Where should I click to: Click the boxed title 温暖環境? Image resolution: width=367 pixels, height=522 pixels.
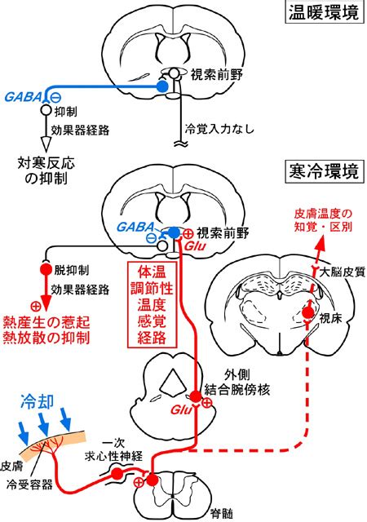tap(324, 13)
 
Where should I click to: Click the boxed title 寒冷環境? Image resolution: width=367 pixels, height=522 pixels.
tap(324, 172)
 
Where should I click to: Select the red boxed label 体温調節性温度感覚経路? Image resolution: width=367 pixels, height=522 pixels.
tap(152, 304)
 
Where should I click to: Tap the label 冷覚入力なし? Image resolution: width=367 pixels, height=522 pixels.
tap(219, 129)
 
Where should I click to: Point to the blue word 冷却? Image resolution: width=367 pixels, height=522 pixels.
tap(37, 401)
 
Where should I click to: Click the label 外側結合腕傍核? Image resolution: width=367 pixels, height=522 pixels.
tap(237, 383)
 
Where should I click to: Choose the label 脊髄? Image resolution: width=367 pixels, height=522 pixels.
tap(222, 514)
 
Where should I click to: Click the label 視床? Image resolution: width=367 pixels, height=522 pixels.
tap(329, 318)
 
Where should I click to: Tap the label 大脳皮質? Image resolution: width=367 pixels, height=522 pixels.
tap(342, 273)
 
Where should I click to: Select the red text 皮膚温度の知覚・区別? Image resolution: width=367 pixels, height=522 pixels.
tap(323, 220)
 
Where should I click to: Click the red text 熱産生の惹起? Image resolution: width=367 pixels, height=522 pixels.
tap(46, 322)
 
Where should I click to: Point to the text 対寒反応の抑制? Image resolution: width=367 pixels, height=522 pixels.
tap(46, 170)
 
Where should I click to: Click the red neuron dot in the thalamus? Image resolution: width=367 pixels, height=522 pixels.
tap(307, 312)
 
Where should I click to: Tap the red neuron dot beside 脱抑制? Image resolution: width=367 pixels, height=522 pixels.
tap(46, 268)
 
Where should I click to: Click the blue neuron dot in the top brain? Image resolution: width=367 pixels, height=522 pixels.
tap(162, 86)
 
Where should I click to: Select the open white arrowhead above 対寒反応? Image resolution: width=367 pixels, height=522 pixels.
tap(46, 144)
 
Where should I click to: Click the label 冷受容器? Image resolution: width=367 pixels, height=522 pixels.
tap(29, 484)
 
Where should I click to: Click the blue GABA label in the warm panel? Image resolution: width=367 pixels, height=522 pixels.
tap(23, 97)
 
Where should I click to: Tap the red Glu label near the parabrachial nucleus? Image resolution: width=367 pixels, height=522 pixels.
tap(180, 409)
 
